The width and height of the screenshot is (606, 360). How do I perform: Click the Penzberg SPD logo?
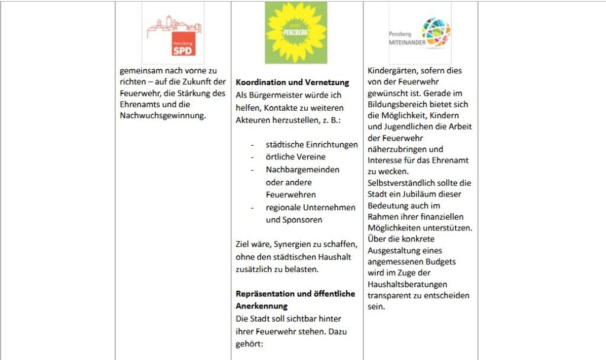click(173, 33)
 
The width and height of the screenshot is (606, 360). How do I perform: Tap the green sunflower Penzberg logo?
click(296, 32)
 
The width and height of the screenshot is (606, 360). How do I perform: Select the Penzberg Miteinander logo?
click(420, 33)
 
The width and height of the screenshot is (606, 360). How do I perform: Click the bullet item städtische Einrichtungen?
click(312, 144)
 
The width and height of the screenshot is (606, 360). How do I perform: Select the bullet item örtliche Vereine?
click(296, 157)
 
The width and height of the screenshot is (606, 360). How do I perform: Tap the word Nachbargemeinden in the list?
click(302, 169)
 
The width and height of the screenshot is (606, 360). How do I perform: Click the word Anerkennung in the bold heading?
click(262, 306)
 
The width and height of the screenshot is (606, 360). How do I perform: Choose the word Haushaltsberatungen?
click(407, 284)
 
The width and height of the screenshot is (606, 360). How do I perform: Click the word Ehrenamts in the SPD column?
click(138, 104)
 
